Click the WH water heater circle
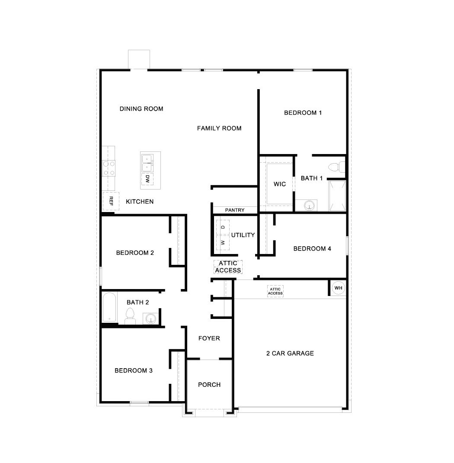point(338,288)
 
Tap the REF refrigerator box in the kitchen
point(111,201)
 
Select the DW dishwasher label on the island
point(147,179)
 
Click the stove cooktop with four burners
point(109,168)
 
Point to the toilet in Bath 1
point(336,167)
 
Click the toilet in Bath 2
point(130,316)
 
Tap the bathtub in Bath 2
point(109,307)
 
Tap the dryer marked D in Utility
point(223,227)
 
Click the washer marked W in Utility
point(223,242)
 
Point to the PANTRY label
point(235,210)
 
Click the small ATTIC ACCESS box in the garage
point(275,291)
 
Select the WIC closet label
point(280,184)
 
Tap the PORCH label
point(209,385)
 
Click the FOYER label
point(209,338)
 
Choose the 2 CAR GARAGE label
point(290,354)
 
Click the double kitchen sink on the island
point(147,163)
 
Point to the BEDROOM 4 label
point(312,249)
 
